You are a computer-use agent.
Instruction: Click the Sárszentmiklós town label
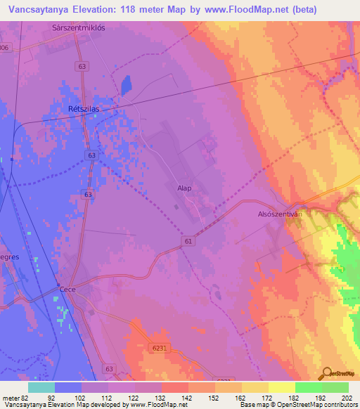tap(79, 28)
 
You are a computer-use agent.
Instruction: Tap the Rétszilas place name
tap(82, 110)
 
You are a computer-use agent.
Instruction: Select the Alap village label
tap(184, 188)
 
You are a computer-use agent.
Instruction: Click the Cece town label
tap(67, 289)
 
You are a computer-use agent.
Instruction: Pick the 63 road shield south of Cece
tap(109, 368)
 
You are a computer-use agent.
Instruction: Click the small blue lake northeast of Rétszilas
tap(126, 86)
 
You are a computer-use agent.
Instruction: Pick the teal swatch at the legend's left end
tap(41, 387)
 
